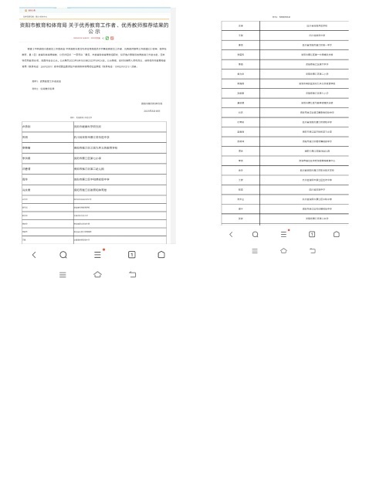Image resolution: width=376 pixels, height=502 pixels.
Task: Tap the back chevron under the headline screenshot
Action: tap(34, 254)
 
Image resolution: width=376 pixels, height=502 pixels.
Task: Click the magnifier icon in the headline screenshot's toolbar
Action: tap(63, 254)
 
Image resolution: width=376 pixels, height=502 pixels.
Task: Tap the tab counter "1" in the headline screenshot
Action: tap(132, 254)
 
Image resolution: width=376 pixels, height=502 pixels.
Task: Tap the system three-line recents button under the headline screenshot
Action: tap(64, 274)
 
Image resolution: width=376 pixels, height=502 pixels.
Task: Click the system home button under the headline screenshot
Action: tap(97, 274)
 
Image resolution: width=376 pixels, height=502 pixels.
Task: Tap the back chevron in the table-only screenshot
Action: tap(231, 234)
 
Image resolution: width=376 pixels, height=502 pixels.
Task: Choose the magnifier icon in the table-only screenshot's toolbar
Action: tap(257, 234)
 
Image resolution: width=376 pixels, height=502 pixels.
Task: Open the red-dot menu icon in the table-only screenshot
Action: tap(284, 233)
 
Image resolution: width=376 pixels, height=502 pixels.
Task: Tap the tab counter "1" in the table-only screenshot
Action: tap(311, 234)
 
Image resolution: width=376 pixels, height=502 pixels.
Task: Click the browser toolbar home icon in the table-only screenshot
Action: tap(337, 234)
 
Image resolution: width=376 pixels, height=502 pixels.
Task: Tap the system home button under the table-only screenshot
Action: tap(283, 251)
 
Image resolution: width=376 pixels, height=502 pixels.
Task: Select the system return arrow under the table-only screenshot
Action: tap(312, 251)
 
